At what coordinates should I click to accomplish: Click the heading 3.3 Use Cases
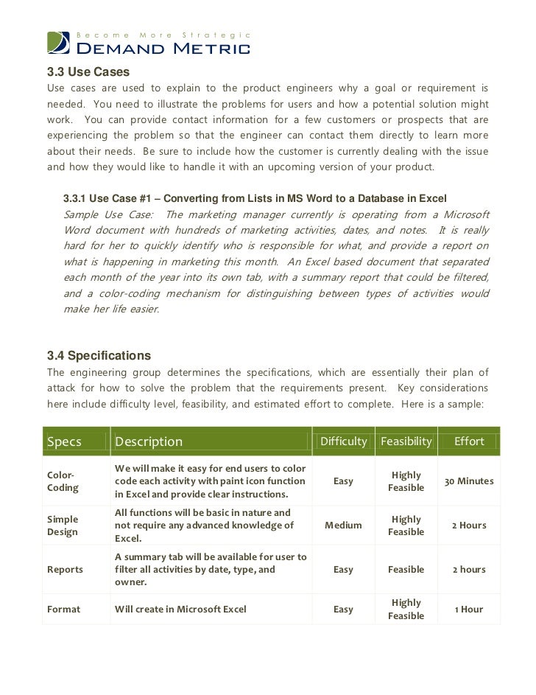(88, 72)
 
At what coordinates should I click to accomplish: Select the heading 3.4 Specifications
(99, 355)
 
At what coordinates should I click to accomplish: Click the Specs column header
(65, 441)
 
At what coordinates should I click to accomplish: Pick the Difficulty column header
(343, 441)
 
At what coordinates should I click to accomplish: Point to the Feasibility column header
(406, 441)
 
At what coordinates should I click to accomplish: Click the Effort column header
(469, 441)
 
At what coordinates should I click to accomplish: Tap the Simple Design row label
(63, 525)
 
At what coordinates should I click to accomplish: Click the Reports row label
(65, 570)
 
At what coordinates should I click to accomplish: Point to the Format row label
(63, 610)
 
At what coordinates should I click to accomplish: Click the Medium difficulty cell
(343, 525)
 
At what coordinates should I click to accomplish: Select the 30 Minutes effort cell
(469, 481)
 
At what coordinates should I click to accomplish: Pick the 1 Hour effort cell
(469, 610)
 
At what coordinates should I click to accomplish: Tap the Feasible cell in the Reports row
(406, 570)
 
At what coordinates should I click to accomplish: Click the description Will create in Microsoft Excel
(181, 610)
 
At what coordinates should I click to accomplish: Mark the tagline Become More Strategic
(164, 35)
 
